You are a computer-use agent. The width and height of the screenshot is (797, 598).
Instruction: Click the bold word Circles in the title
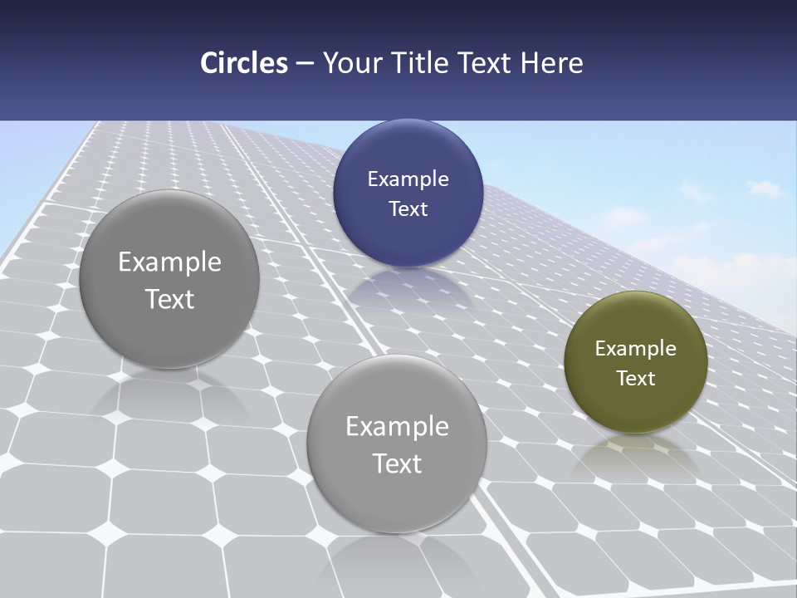tap(244, 63)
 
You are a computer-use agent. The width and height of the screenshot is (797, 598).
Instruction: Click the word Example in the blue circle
tap(408, 179)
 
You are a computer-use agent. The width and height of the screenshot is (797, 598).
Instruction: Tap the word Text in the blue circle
tap(408, 208)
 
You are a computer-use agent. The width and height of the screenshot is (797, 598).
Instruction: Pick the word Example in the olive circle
tap(636, 349)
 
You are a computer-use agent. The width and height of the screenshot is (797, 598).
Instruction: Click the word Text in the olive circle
tap(636, 379)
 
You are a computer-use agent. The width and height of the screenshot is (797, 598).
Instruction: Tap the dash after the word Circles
tap(305, 64)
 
